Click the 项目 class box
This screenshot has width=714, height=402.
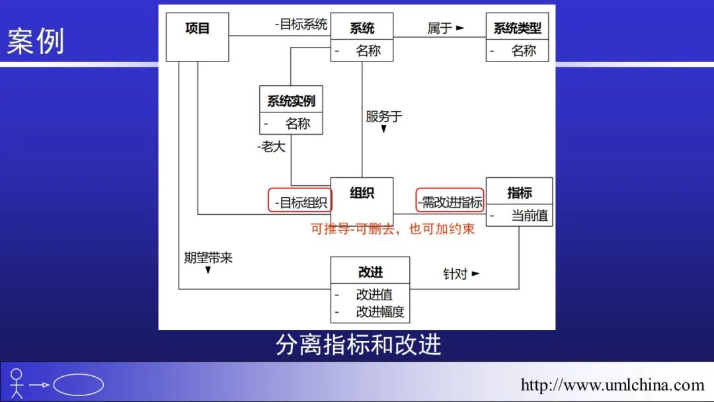click(197, 37)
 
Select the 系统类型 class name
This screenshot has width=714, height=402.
click(517, 28)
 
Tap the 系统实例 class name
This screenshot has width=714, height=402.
click(291, 101)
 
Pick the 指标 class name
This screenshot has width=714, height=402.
click(519, 193)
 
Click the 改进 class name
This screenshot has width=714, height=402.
click(370, 272)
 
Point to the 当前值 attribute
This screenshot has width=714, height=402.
click(530, 216)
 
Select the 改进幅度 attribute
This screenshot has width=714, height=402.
click(380, 311)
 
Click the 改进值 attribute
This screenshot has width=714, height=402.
click(374, 295)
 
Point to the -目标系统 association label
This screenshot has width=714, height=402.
click(301, 25)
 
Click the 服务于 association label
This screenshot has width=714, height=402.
click(383, 117)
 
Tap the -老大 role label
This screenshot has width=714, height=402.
click(271, 147)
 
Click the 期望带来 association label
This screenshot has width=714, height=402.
click(208, 258)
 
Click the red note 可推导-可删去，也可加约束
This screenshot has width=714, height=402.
click(393, 229)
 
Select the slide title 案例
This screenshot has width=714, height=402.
click(36, 42)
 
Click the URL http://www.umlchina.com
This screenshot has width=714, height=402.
click(612, 384)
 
